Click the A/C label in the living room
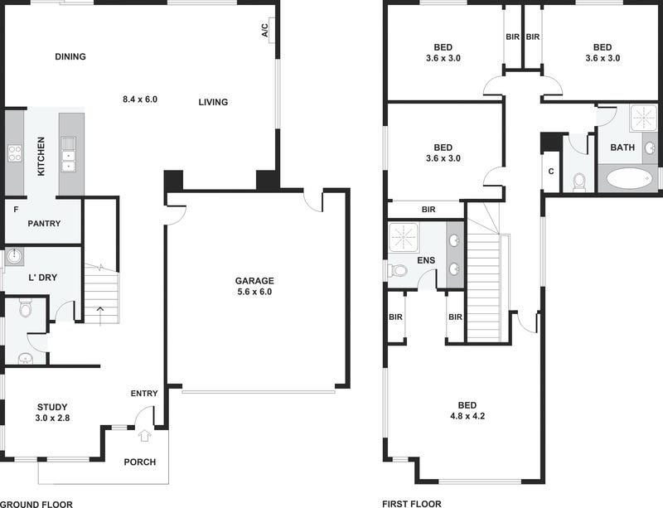point(264,31)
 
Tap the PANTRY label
point(44,223)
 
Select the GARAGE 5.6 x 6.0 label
point(254,286)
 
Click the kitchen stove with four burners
point(15,153)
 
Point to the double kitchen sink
point(68,154)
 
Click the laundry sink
point(14,256)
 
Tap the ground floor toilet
point(26,308)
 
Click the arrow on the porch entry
point(144,436)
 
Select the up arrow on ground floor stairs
point(99,316)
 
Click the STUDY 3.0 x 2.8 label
point(52,413)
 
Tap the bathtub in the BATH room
point(628,178)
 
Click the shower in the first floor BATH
point(644,117)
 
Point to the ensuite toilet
point(397,269)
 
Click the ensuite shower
point(404,237)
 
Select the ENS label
point(426,260)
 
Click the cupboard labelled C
point(551,172)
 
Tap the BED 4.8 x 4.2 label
point(467,410)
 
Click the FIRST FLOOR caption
point(412,503)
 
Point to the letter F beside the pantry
point(16,210)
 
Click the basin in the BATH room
point(650,148)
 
